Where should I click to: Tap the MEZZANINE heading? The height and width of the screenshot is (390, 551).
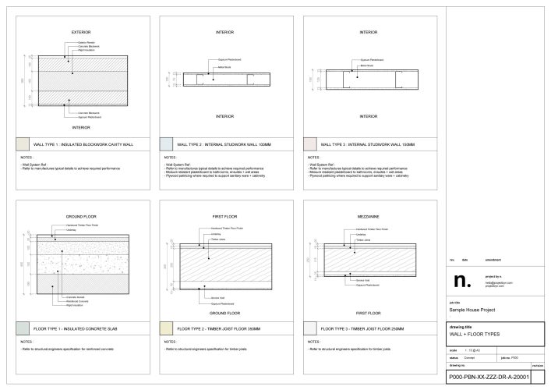point(368,215)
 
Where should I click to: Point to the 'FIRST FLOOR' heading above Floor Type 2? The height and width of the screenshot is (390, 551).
point(224,215)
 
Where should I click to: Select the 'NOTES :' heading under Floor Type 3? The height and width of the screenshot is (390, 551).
point(311,342)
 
